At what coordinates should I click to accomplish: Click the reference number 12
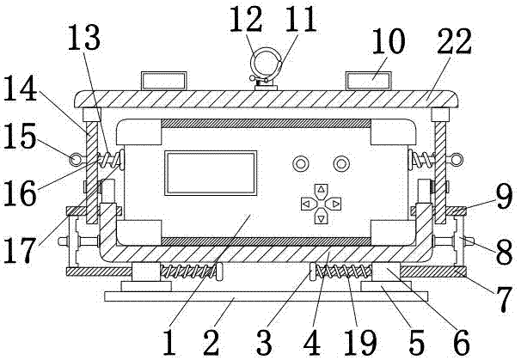click(x=246, y=19)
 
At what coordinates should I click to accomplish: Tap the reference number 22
click(x=454, y=41)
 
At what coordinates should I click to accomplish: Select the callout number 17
click(x=19, y=251)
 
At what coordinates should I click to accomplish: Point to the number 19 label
click(x=360, y=343)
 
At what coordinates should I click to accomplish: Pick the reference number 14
click(x=20, y=88)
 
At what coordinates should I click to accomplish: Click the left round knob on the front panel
click(x=301, y=164)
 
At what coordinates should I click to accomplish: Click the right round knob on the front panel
click(x=341, y=164)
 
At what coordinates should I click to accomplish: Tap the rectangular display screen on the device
click(x=211, y=173)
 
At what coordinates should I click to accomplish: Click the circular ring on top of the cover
click(x=266, y=64)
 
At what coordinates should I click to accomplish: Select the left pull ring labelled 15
click(x=76, y=160)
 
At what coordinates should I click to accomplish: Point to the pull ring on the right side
click(x=457, y=159)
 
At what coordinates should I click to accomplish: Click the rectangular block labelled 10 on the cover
click(x=368, y=81)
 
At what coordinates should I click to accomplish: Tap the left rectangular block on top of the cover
click(x=164, y=81)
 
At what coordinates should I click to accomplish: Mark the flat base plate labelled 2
click(x=267, y=296)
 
